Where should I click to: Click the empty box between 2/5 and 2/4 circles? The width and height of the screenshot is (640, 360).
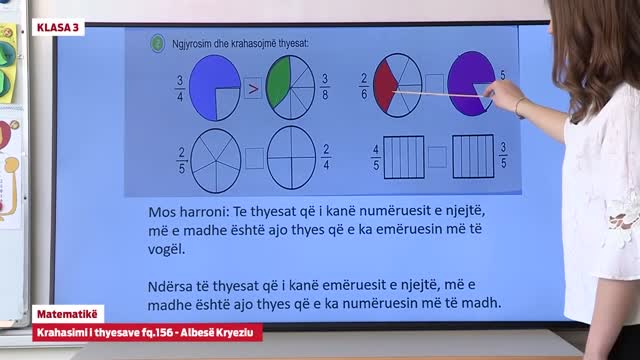click(x=254, y=157)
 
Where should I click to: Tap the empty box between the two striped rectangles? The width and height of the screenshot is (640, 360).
click(x=437, y=157)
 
